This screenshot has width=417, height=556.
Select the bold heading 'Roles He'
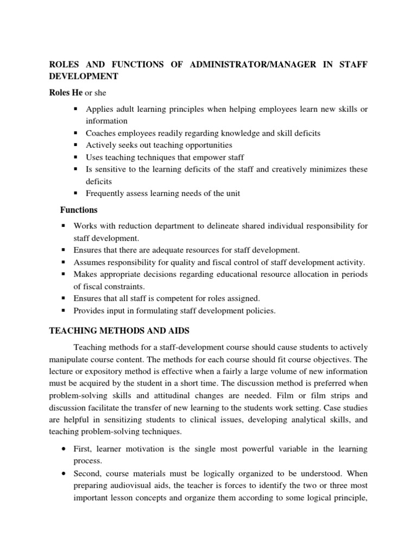tap(66, 93)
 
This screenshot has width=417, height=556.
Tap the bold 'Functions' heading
tap(79, 210)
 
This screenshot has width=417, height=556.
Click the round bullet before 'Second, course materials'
tap(65, 474)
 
